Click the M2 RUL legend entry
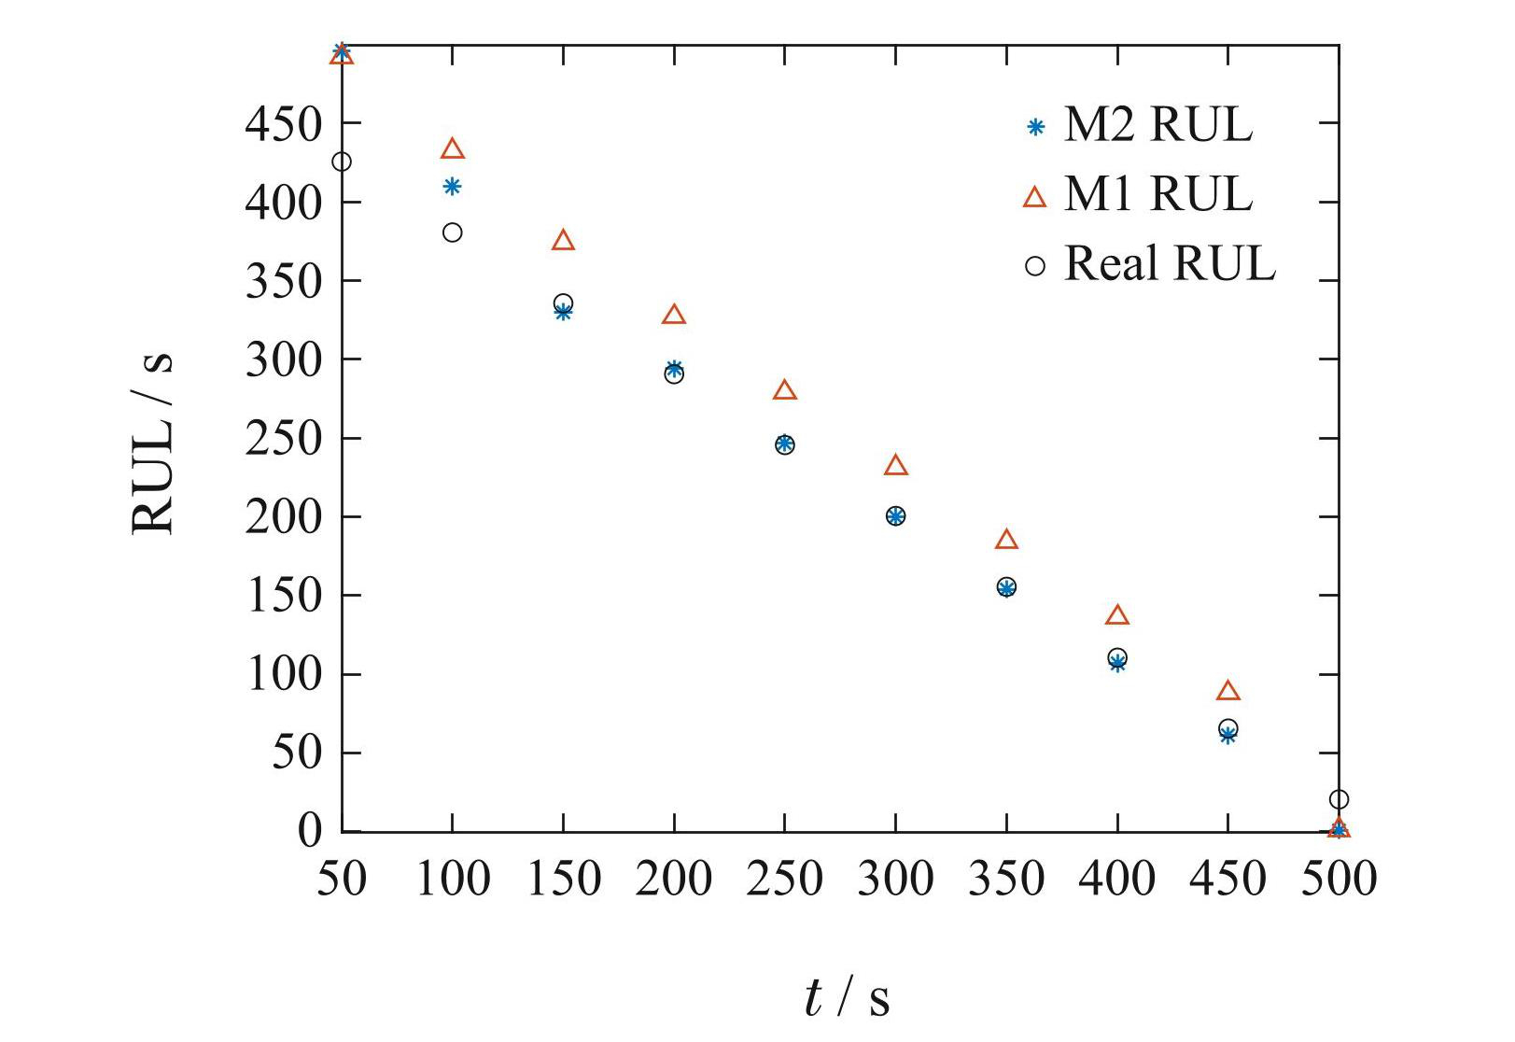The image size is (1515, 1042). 1157,125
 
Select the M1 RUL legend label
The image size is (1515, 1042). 1157,194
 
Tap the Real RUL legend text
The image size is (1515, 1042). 1169,264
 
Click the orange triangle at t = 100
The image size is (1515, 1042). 453,149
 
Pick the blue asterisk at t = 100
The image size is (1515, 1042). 453,187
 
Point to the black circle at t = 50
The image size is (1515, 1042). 342,162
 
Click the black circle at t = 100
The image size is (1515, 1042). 453,232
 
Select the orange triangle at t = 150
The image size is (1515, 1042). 563,241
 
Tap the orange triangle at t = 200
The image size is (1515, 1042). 674,315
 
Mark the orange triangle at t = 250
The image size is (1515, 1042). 785,390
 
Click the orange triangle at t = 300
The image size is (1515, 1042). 896,465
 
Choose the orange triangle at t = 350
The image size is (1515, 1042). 1006,540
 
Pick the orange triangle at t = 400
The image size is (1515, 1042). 1117,615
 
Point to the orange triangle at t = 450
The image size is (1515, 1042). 1228,691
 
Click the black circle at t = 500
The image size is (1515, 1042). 1339,799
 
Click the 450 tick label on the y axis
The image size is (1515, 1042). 284,123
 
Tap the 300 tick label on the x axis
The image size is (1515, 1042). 895,879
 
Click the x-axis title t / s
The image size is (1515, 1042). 846,997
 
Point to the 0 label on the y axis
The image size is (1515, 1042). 309,830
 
